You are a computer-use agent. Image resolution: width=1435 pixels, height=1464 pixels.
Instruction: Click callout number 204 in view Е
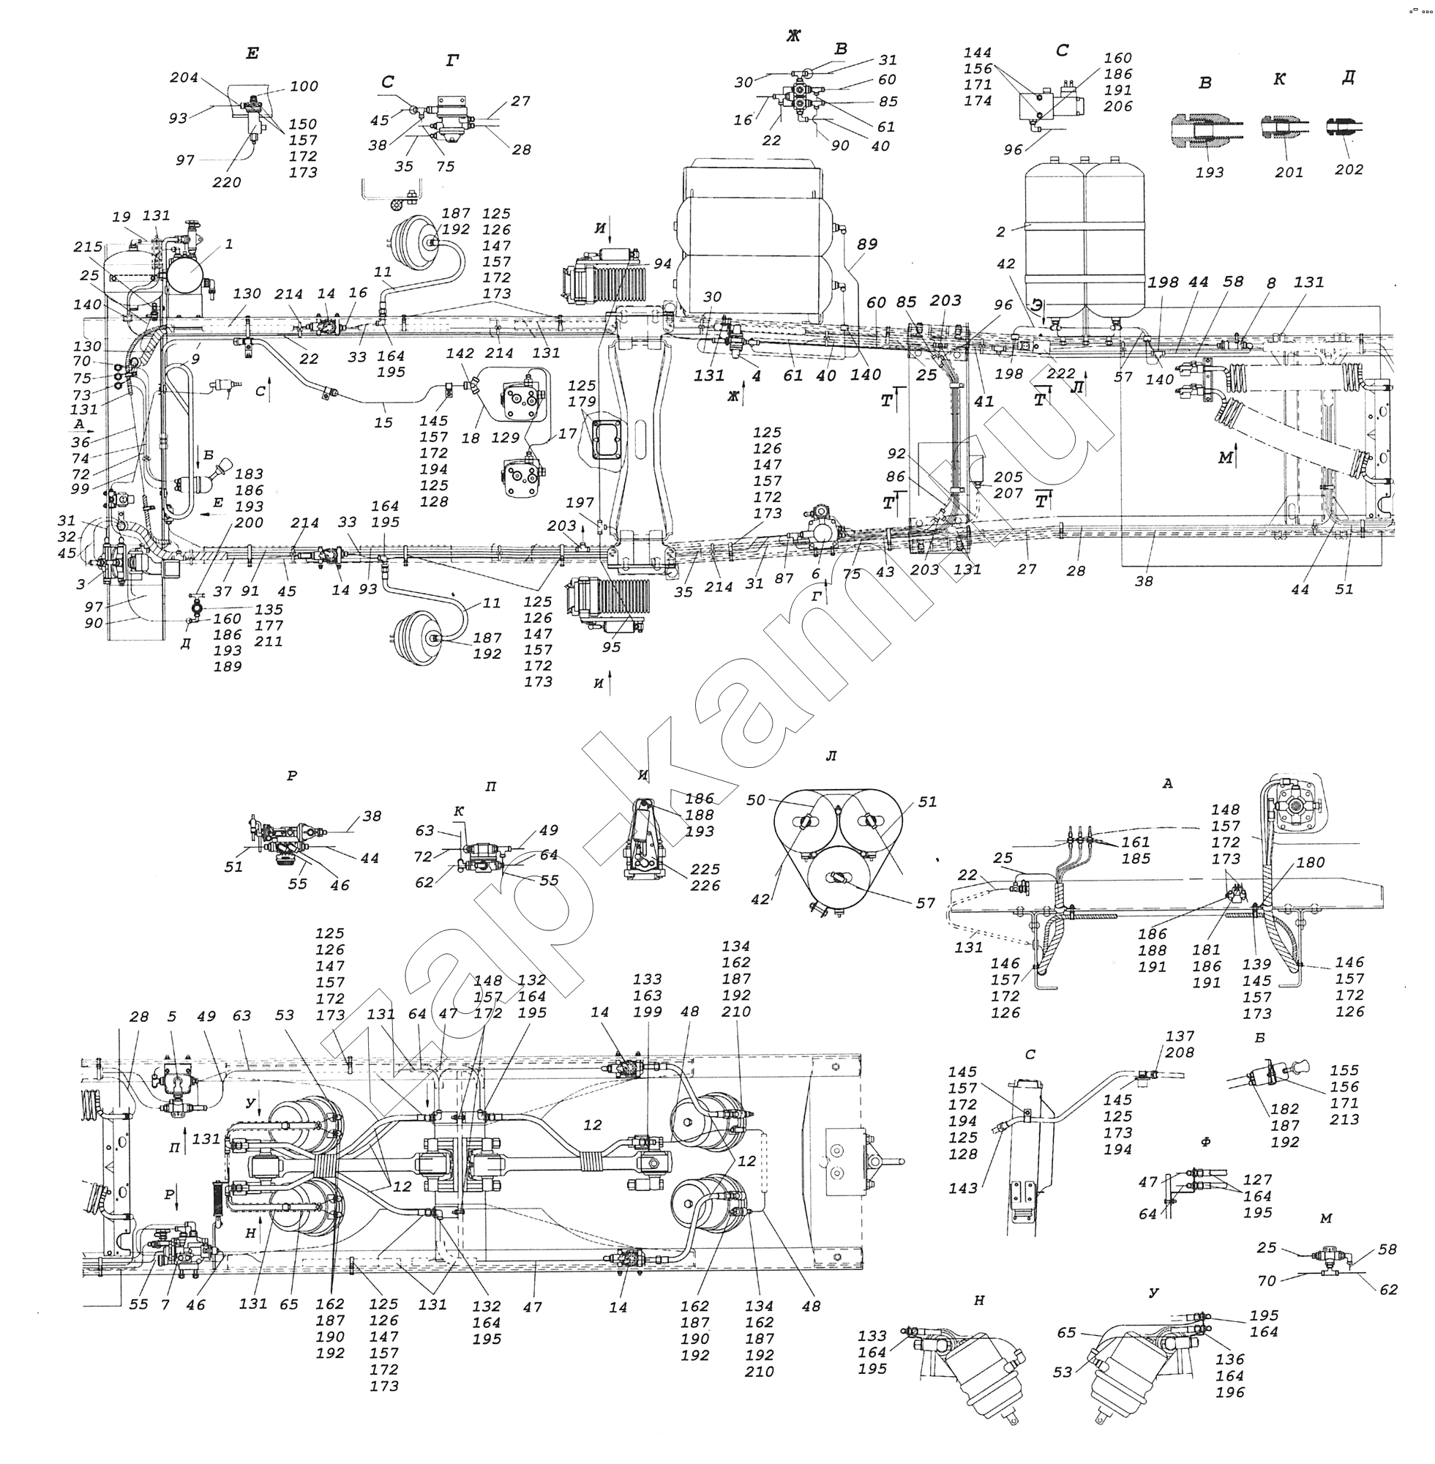[x=184, y=78]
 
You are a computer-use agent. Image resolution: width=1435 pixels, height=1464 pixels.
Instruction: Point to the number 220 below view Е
[x=227, y=182]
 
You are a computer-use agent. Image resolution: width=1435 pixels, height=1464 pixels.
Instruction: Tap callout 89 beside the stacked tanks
[x=867, y=244]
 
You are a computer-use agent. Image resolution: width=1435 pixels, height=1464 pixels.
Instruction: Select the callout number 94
[x=662, y=263]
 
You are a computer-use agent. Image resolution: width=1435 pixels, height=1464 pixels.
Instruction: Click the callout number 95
[x=611, y=647]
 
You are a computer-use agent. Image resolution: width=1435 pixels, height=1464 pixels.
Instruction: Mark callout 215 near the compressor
[x=89, y=247]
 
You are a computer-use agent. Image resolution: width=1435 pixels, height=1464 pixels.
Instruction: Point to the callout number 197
[x=581, y=503]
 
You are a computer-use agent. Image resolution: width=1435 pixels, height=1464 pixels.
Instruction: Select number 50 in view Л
[x=756, y=800]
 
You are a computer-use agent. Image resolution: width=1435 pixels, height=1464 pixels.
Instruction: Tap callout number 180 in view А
[x=1311, y=862]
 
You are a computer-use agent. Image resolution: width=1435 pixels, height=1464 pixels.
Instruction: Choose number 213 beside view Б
[x=1344, y=1119]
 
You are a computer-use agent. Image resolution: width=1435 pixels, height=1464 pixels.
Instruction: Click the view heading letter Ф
[x=1205, y=1142]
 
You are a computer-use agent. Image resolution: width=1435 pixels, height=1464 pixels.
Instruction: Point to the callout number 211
[x=269, y=641]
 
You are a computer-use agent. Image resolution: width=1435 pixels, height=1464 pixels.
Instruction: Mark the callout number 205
[x=1008, y=477]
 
